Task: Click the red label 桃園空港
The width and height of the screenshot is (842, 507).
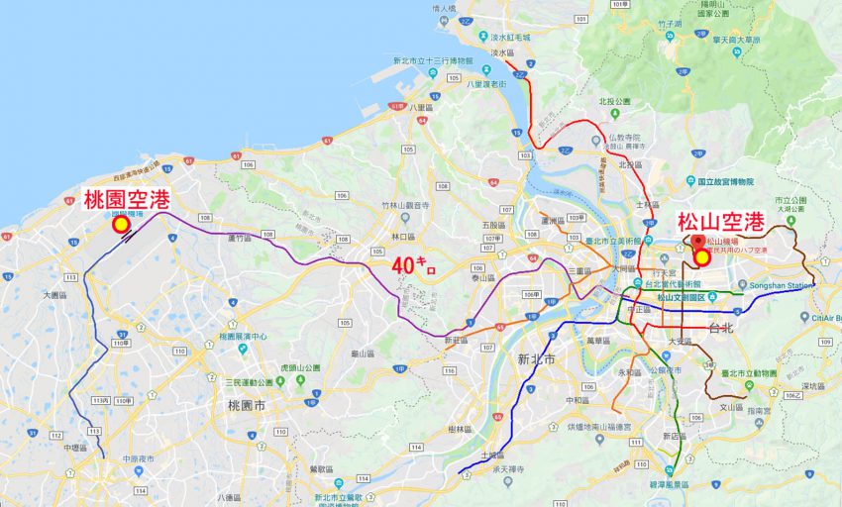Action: (x=126, y=198)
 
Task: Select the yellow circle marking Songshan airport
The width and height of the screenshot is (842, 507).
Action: (x=702, y=257)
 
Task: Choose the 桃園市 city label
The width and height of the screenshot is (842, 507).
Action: (x=246, y=406)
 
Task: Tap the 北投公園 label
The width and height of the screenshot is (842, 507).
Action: (x=614, y=101)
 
